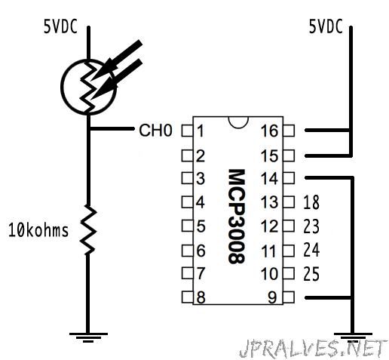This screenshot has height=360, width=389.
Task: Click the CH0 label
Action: coord(155,131)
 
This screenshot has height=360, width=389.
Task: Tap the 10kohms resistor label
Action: coord(38,230)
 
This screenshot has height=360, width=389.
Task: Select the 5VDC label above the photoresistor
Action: coord(60,26)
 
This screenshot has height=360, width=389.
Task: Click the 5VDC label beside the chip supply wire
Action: coord(326,26)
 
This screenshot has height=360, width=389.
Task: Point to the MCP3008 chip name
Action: coord(236,217)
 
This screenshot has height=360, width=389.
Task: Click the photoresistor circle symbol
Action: coord(61,87)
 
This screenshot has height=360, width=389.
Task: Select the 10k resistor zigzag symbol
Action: coord(88,229)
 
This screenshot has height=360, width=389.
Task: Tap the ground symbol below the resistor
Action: coord(88,337)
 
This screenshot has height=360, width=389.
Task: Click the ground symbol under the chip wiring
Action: coord(353,337)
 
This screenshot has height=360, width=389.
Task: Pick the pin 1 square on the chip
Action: coord(187,131)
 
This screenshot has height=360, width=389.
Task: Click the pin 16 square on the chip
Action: coord(289,131)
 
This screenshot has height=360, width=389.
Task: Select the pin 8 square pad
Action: coord(187,297)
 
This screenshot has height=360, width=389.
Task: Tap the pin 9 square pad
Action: coord(289,297)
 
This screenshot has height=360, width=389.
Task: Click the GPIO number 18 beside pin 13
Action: coord(311,202)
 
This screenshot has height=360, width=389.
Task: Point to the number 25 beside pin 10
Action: coord(311,274)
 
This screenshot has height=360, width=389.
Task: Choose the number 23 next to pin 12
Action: coord(311,226)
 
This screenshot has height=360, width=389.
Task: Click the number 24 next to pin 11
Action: coord(311,250)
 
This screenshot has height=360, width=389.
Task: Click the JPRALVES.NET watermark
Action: coord(313,349)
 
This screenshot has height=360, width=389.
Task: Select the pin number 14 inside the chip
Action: coord(269,178)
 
